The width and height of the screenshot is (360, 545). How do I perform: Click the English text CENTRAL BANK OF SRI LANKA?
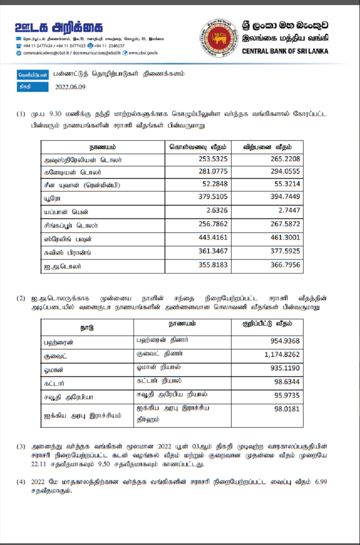(285, 51)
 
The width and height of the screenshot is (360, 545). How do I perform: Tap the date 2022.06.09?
(70, 87)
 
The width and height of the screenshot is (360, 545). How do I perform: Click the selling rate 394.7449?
(285, 197)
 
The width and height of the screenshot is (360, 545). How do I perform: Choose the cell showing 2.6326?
(217, 210)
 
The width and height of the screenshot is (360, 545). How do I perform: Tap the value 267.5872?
(285, 224)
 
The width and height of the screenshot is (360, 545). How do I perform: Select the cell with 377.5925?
(285, 252)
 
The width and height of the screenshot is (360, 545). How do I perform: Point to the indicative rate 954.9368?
(285, 341)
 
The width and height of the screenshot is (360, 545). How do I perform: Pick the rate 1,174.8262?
(282, 354)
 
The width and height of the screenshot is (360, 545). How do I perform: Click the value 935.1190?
(285, 369)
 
